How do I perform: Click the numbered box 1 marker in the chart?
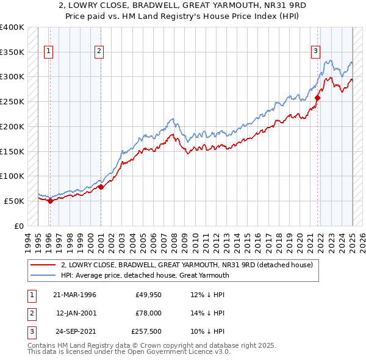(48, 52)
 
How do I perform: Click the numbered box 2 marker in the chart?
(98, 52)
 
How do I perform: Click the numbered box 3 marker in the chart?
(316, 52)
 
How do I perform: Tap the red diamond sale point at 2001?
(101, 187)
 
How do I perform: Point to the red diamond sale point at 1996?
(51, 201)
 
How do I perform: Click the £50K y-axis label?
(14, 201)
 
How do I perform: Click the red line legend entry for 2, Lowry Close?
(187, 265)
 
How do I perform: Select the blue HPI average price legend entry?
(145, 275)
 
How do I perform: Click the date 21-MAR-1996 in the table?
(74, 295)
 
